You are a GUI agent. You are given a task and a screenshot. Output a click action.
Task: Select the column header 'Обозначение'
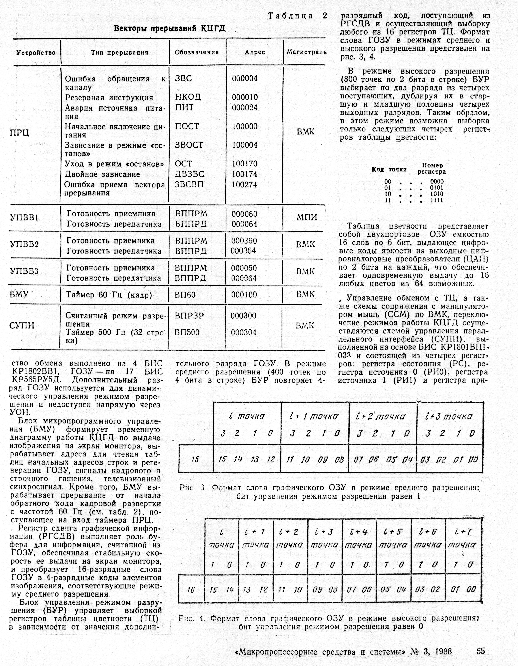(196, 52)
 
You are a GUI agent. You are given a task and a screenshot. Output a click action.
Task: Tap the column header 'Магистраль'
(306, 52)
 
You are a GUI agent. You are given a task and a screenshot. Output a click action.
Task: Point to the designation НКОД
(188, 97)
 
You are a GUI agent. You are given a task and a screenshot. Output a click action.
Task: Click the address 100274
(245, 184)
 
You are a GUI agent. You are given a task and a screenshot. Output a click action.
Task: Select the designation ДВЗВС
(190, 174)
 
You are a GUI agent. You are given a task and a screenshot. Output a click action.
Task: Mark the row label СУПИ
(22, 325)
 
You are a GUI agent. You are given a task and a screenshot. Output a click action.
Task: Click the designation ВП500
(187, 332)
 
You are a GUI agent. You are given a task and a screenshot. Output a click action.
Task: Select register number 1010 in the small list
(437, 194)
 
